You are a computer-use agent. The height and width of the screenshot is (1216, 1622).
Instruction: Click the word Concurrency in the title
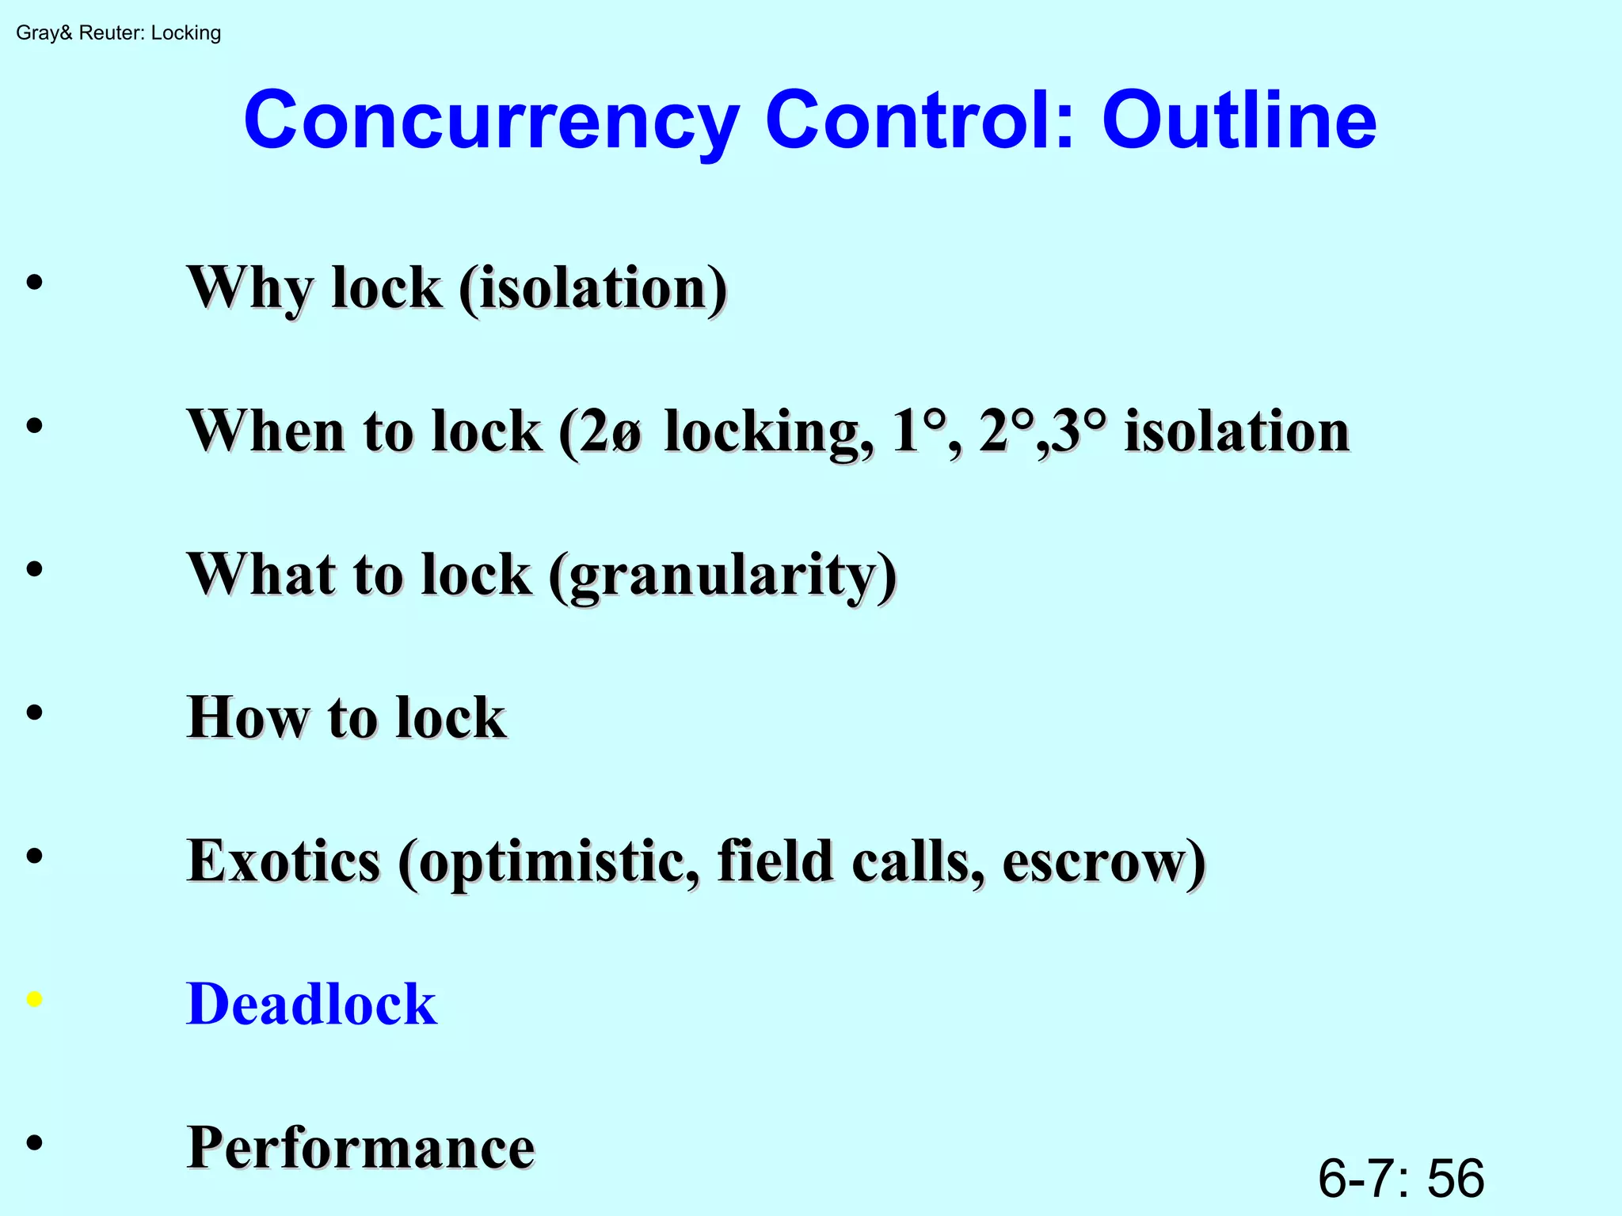coord(491,121)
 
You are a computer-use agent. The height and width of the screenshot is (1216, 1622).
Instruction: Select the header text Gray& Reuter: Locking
coord(118,33)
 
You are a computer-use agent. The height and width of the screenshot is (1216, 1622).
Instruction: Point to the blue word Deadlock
coord(311,1004)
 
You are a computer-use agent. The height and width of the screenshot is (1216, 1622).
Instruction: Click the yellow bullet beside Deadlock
coord(34,999)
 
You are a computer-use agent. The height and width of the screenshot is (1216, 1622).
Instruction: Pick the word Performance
coord(361,1147)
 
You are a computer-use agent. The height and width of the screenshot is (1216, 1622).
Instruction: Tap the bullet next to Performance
coord(34,1142)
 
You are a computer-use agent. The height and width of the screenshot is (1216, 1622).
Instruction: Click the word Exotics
coord(284,861)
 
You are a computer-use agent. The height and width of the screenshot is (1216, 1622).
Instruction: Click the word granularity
coord(722,575)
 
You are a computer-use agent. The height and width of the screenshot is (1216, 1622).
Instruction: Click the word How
coord(247,717)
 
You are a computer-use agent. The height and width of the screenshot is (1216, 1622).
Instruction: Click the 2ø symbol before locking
coord(612,431)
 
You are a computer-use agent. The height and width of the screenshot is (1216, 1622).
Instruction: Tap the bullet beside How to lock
coord(34,712)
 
